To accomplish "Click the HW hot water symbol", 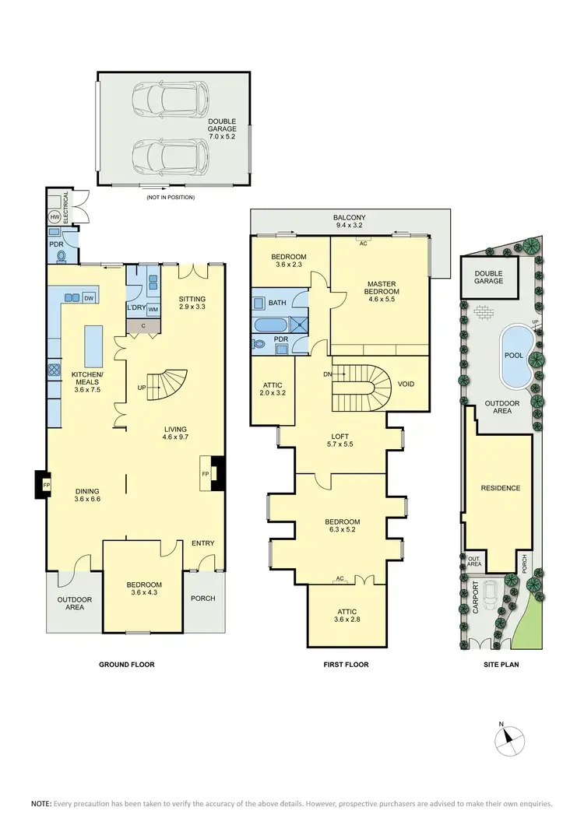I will click(55, 216).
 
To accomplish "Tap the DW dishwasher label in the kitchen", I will click(89, 298).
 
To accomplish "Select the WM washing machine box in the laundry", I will click(153, 310).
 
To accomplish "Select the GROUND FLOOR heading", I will click(126, 665).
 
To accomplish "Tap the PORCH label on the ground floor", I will click(203, 598).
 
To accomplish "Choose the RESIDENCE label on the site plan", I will click(500, 488).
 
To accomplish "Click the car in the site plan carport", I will click(491, 596).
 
